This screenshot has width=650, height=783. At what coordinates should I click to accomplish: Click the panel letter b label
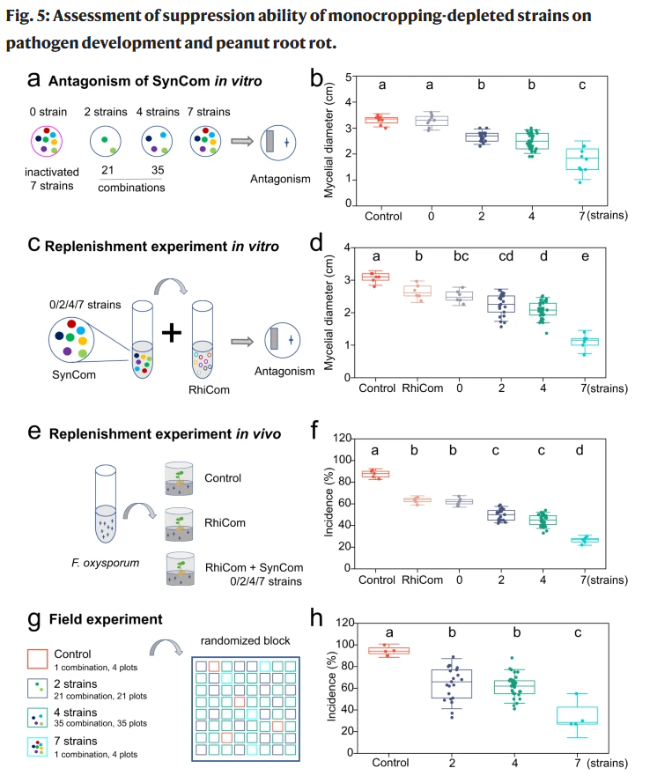tap(316, 79)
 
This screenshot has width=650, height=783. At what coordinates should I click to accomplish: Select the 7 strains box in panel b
tap(582, 159)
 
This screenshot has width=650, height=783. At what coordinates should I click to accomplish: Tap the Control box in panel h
tap(389, 651)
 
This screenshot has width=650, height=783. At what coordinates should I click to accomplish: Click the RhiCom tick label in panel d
tap(423, 388)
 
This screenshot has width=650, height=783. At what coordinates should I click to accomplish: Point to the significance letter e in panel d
tap(585, 256)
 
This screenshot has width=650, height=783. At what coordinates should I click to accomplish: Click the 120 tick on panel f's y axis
tap(343, 438)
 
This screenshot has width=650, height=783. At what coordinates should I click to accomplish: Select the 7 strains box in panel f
tap(585, 540)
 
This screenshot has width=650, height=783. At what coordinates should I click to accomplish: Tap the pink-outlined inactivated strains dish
tap(47, 141)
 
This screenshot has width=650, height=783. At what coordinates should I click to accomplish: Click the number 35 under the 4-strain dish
tap(158, 170)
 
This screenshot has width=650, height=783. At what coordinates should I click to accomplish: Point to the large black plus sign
tap(171, 333)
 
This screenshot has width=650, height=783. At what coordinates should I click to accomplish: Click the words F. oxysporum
tap(106, 563)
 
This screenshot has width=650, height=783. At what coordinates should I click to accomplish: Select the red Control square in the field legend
tap(38, 659)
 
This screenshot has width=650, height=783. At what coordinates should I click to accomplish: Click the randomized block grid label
tap(245, 640)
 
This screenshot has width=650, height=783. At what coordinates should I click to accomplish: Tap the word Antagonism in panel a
tap(280, 179)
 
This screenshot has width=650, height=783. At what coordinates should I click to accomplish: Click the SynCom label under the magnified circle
tap(74, 374)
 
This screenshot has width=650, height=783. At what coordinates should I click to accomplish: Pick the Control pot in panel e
tap(179, 478)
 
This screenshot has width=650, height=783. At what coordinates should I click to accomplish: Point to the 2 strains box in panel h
tap(452, 683)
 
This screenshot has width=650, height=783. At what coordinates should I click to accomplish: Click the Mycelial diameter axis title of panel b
tap(329, 140)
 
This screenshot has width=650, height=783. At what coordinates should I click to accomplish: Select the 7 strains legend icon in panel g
tap(38, 747)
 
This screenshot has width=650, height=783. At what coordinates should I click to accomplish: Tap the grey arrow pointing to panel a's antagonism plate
tap(242, 141)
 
